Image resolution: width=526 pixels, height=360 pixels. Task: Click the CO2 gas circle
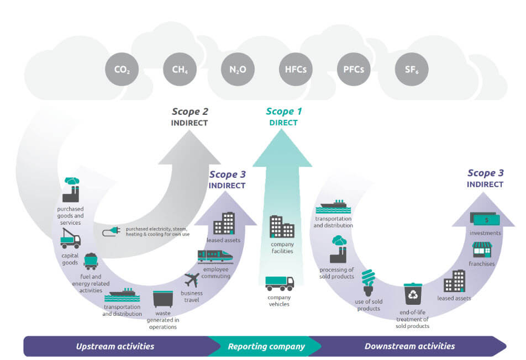coord(122,70)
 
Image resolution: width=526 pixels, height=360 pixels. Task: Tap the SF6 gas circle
coord(412,70)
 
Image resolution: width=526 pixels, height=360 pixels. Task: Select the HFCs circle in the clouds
coord(296,70)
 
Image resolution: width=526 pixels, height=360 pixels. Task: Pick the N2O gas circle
coord(238,70)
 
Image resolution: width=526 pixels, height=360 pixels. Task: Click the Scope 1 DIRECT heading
coord(283,117)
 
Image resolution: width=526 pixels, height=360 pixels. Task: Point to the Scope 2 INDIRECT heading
coord(190,117)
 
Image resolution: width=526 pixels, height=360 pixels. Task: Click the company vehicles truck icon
coord(280,283)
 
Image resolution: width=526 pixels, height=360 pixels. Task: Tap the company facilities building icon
coord(282,226)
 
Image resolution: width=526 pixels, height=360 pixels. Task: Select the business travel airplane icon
coord(192,279)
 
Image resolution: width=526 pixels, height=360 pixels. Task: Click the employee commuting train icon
coord(215,255)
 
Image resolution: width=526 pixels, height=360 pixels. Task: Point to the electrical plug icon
coord(109,232)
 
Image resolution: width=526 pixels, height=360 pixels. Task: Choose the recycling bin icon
coord(412,294)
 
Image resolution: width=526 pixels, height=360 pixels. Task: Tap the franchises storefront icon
coord(482,250)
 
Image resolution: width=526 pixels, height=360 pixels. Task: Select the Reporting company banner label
coord(266,346)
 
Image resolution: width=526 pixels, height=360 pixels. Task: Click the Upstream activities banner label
coord(115,346)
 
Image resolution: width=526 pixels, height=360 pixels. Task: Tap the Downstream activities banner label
coord(409,346)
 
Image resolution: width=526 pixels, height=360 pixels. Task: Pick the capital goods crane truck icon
coord(70,239)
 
